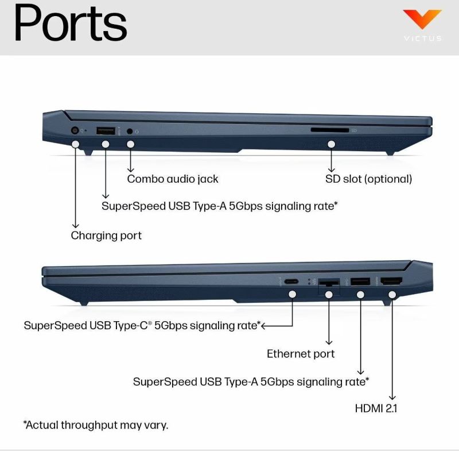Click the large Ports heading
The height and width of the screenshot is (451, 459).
pyautogui.click(x=70, y=24)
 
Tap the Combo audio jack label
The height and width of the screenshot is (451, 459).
pyautogui.click(x=173, y=179)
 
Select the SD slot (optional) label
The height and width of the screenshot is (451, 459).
pyautogui.click(x=368, y=179)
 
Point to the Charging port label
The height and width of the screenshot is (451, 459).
pyautogui.click(x=106, y=236)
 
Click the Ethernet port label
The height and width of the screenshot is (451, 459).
pyautogui.click(x=301, y=354)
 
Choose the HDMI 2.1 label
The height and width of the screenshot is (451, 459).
pyautogui.click(x=376, y=409)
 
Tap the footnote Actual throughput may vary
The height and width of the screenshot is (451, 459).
pyautogui.click(x=95, y=425)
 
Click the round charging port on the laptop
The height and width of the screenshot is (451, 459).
pyautogui.click(x=75, y=130)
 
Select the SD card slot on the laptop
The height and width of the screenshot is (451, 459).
pyautogui.click(x=329, y=130)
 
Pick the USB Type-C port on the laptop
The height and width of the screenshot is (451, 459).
pyautogui.click(x=291, y=282)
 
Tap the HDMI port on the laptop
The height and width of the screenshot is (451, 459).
pyautogui.click(x=391, y=282)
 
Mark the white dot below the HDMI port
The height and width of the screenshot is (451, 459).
pyautogui.click(x=392, y=295)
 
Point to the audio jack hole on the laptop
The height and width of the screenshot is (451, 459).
pyautogui.click(x=130, y=131)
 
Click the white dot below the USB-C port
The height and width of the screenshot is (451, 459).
pyautogui.click(x=292, y=295)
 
